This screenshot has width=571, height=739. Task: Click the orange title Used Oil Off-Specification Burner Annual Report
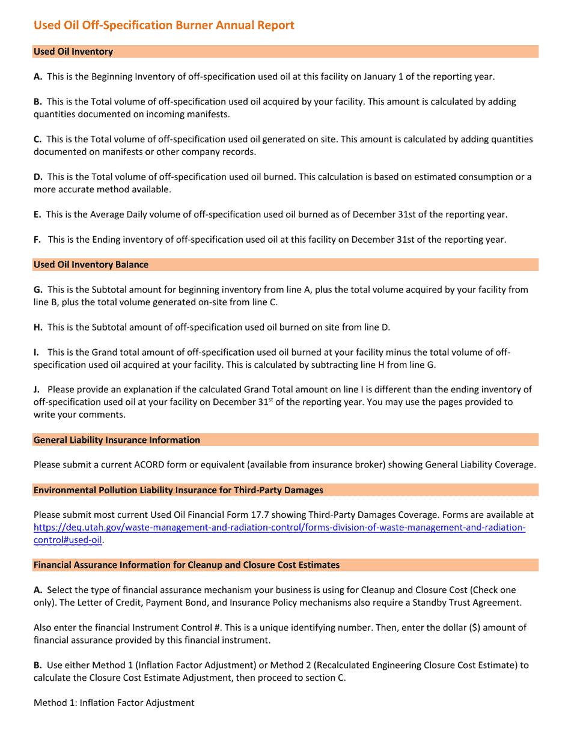[x=163, y=25]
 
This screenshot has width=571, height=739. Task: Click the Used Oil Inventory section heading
[x=73, y=52]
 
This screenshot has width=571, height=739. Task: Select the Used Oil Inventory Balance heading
[x=91, y=264]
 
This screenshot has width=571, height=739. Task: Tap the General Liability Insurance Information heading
[x=117, y=440]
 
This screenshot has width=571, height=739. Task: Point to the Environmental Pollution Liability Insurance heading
[x=178, y=490]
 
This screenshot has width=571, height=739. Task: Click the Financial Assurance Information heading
[x=186, y=565]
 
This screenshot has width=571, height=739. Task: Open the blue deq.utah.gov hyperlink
[x=279, y=528]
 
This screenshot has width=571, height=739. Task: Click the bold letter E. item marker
[x=37, y=214]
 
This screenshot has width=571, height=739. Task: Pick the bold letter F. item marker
[x=37, y=240]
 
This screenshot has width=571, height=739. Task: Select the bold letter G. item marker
[x=38, y=290]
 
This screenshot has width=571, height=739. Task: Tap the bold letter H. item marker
[x=38, y=327]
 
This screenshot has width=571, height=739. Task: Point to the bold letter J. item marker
[x=36, y=390]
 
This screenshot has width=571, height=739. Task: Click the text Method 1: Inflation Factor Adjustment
[x=114, y=702]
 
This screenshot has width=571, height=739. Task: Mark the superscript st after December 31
[x=270, y=400]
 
